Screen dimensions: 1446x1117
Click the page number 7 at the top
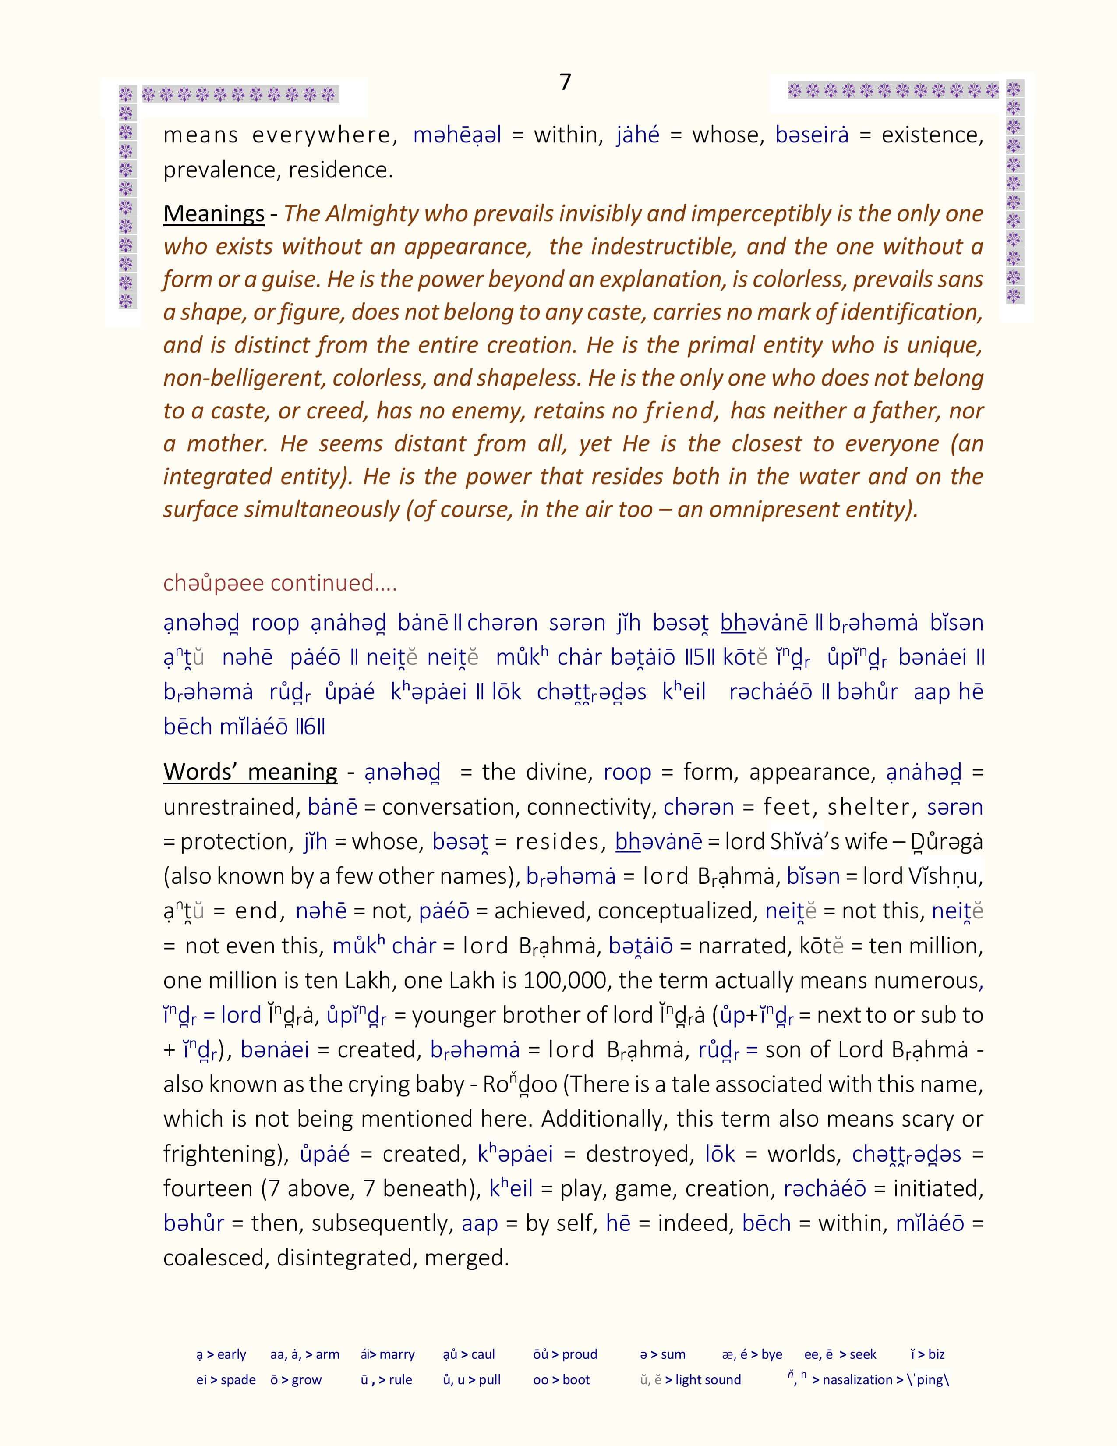point(565,82)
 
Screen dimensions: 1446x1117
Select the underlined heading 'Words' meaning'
point(250,772)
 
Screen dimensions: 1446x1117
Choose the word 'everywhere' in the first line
point(324,135)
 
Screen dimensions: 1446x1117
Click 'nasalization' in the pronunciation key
point(857,1380)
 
